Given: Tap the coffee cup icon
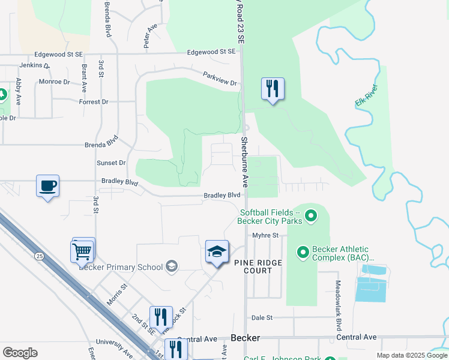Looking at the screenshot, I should click(x=47, y=186).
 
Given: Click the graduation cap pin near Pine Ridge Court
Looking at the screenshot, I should click(x=217, y=252).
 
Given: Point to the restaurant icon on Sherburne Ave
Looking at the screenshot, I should click(x=273, y=89).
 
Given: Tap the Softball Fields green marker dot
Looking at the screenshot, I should click(x=310, y=214).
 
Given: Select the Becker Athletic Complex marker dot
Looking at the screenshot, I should click(x=303, y=253).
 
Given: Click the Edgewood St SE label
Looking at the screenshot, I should click(x=211, y=52).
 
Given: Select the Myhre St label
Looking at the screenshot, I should click(x=266, y=235).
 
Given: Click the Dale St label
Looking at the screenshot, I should click(x=262, y=317).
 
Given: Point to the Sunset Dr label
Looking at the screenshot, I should click(x=111, y=163).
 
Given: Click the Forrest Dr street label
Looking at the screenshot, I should click(x=94, y=102).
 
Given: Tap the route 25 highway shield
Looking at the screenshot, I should click(x=39, y=256).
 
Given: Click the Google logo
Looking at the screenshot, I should click(x=20, y=353).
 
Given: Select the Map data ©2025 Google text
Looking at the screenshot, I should click(x=411, y=355).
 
